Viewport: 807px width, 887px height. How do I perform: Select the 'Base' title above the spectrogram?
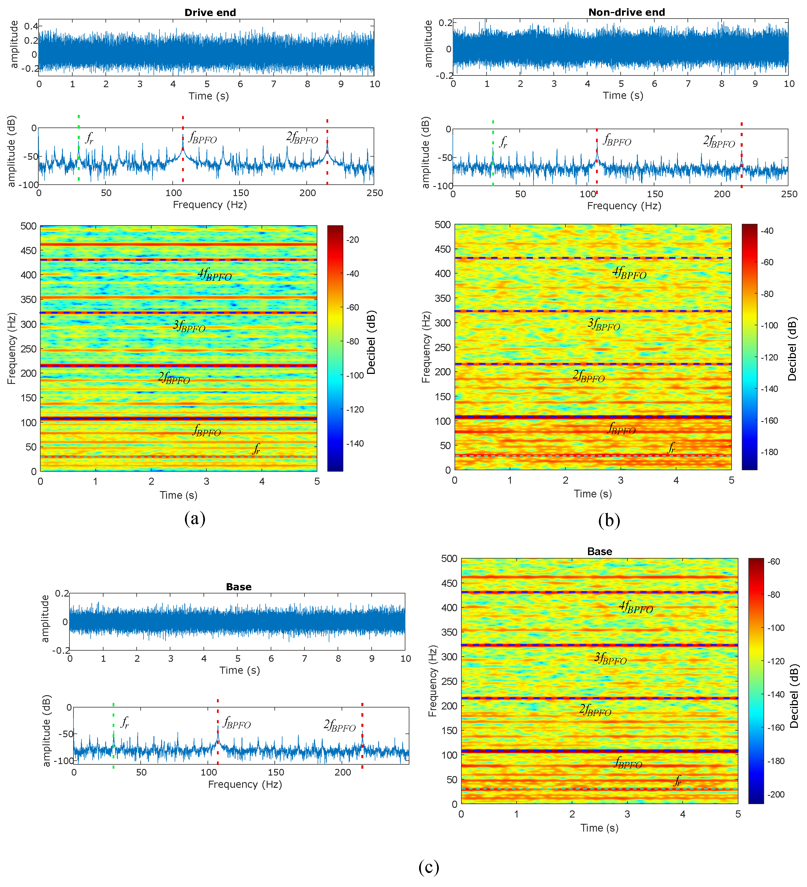click(599, 552)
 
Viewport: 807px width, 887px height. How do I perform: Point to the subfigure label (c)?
click(429, 867)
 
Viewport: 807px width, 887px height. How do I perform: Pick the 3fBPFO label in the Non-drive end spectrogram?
click(604, 325)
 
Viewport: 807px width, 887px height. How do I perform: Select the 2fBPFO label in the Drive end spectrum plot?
click(302, 138)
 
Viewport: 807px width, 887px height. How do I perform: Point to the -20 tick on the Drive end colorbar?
click(352, 240)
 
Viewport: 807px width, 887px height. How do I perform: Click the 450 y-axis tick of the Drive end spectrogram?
click(29, 251)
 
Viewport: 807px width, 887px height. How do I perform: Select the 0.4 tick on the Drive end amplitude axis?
click(31, 26)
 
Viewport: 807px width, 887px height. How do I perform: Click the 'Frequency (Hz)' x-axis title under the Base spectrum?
click(245, 784)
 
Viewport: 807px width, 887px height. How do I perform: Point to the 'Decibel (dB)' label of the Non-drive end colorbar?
click(792, 349)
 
